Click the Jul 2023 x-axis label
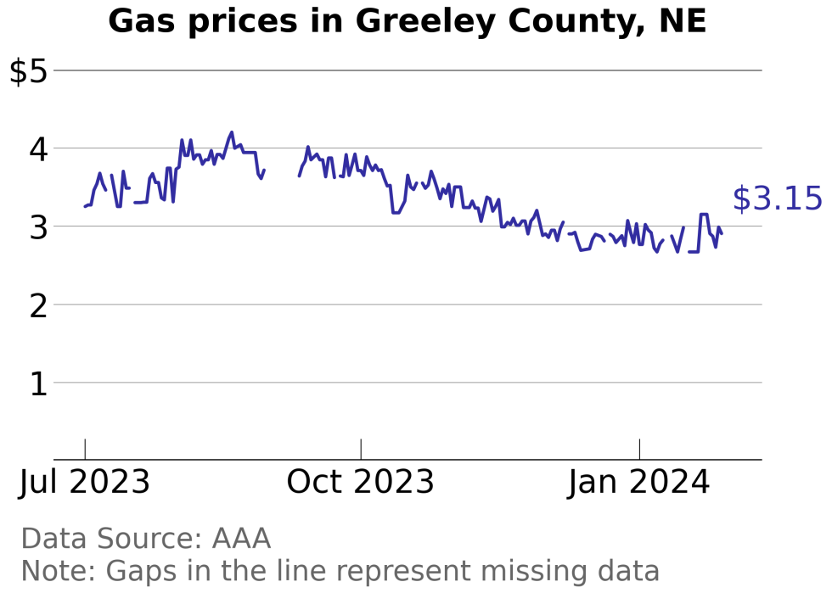(85, 483)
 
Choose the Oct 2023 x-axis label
(361, 483)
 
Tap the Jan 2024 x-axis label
(639, 483)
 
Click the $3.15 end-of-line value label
(777, 199)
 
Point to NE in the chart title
(683, 22)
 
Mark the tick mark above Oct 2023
(361, 449)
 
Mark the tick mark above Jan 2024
(639, 449)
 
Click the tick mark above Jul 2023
(85, 449)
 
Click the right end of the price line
(722, 233)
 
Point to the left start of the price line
(85, 206)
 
